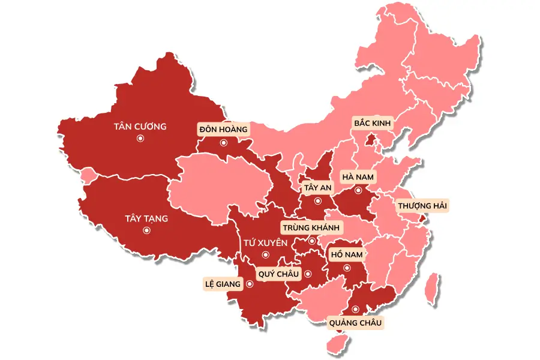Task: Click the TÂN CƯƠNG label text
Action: (140, 127)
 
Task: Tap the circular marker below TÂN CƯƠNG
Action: (140, 139)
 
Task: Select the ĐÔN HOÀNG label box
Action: (223, 129)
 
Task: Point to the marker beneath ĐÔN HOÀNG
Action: (223, 143)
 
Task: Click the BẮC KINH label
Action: (372, 124)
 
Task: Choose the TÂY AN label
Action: (317, 188)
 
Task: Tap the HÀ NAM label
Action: (358, 177)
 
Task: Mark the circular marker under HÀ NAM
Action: (358, 190)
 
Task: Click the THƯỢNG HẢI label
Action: (422, 206)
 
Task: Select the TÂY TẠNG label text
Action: (146, 218)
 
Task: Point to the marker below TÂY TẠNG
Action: (146, 230)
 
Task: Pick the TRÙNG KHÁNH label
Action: (311, 228)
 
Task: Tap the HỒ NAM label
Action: (347, 254)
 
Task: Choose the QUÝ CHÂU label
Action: (278, 274)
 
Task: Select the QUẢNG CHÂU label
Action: (355, 323)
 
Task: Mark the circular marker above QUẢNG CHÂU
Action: (355, 310)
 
